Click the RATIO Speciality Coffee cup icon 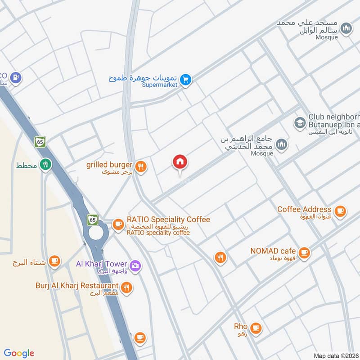(x=118, y=224)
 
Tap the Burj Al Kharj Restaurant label (x=77, y=286)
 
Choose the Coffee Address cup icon (x=340, y=211)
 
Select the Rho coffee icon (x=256, y=328)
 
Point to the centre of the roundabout (x=95, y=233)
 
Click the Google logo (x=19, y=353)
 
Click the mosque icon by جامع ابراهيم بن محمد (x=282, y=144)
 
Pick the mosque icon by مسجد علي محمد (x=346, y=29)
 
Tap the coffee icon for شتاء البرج (x=54, y=261)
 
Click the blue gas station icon (x=16, y=77)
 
